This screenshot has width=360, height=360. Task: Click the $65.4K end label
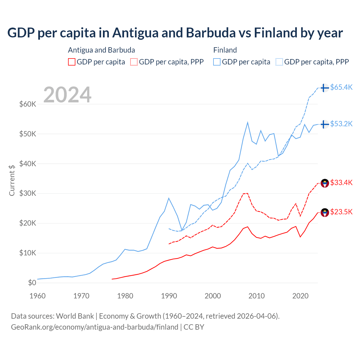click(341, 87)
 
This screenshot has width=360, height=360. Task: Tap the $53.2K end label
click(341, 124)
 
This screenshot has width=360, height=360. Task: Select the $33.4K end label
click(341, 183)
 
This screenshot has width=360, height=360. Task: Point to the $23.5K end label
click(341, 212)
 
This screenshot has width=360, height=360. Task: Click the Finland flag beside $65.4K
click(325, 88)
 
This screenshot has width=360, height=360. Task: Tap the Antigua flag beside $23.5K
click(325, 213)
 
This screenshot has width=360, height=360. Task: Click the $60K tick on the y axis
click(28, 104)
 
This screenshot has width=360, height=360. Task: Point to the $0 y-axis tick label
click(32, 283)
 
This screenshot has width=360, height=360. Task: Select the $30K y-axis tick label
click(28, 193)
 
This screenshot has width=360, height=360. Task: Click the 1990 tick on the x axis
click(169, 296)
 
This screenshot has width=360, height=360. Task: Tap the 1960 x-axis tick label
click(38, 296)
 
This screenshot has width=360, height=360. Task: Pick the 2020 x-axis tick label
click(300, 296)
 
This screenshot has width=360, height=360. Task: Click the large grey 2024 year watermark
click(67, 95)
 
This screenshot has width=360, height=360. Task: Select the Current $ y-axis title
click(12, 180)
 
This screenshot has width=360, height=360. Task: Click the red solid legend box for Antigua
click(72, 62)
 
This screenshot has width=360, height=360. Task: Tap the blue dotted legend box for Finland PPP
click(279, 62)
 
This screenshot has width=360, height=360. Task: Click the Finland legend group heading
click(225, 50)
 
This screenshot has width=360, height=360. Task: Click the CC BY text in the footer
click(194, 327)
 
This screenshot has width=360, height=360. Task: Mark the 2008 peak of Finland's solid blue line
click(247, 122)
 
